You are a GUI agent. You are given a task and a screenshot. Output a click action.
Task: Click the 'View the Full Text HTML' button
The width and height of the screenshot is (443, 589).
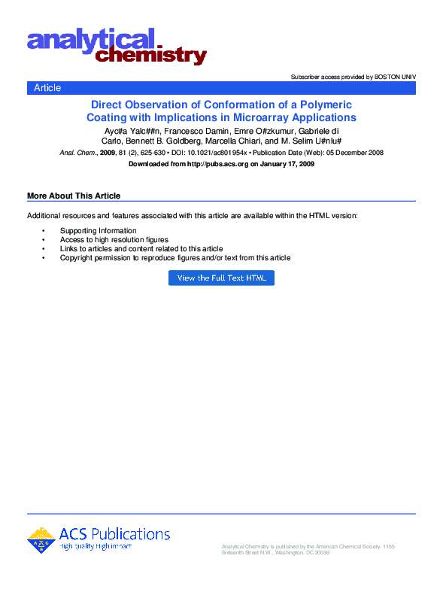221,278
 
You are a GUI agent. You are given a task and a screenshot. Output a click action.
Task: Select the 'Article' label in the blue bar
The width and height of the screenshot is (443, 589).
47,88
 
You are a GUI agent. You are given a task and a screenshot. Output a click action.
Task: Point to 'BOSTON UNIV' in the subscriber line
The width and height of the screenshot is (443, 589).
394,77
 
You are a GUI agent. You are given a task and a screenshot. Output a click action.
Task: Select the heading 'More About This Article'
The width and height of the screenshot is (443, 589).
74,196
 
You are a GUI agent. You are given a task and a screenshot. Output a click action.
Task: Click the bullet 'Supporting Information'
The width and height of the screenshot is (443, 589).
99,231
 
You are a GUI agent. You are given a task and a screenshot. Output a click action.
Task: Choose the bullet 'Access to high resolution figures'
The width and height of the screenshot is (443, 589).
114,240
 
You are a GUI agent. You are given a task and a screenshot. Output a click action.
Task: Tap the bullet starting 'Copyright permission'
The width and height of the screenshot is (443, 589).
175,258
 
